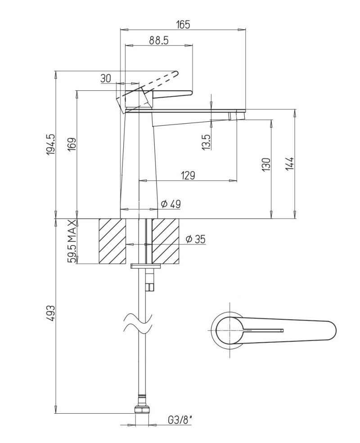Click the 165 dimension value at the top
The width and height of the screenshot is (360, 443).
(x=183, y=25)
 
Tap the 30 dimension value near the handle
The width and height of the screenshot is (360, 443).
(x=106, y=78)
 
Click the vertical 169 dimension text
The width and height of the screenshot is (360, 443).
(x=72, y=147)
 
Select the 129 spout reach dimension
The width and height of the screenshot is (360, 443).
(x=189, y=175)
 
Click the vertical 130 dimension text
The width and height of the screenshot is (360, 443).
(x=266, y=164)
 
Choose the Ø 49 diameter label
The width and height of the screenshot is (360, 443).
(x=171, y=204)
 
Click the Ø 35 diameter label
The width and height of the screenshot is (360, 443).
(x=195, y=239)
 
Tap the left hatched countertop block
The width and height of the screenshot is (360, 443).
(x=112, y=241)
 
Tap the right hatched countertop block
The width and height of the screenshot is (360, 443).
(x=166, y=241)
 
